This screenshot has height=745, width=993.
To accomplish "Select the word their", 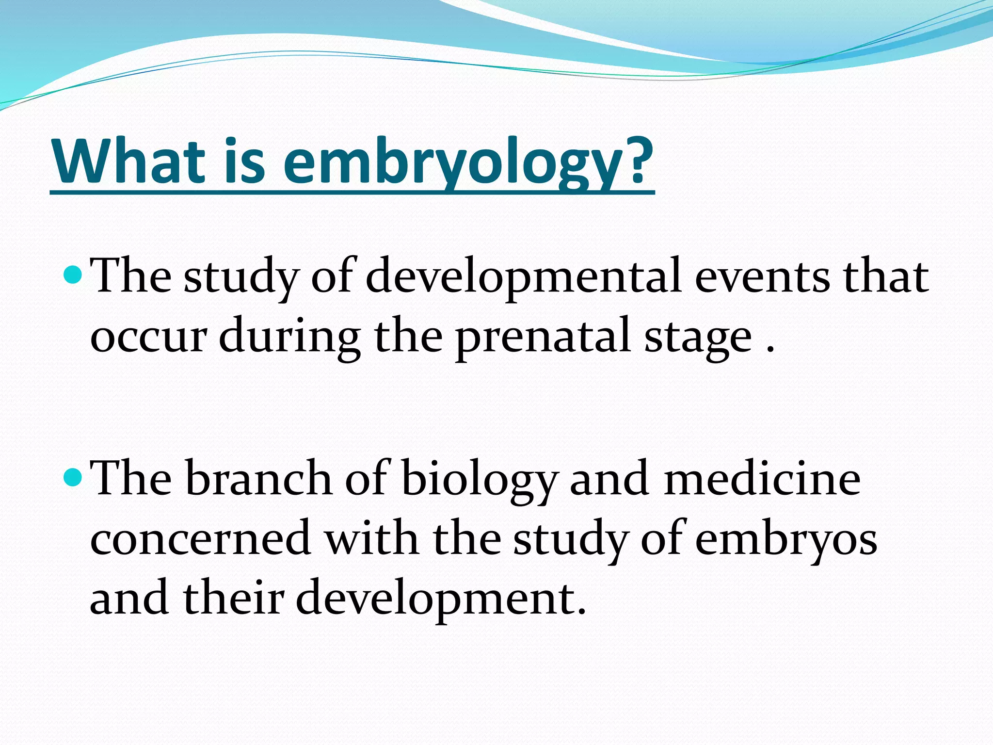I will pos(233,598).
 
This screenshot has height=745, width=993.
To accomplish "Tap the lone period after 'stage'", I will pos(770,349).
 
